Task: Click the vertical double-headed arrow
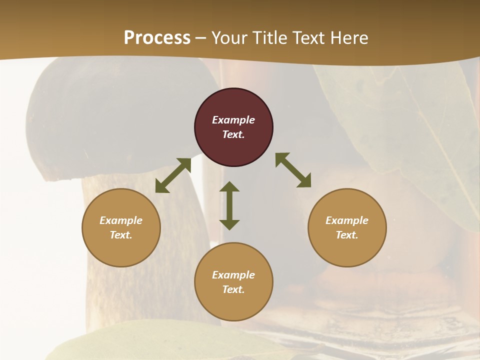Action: [229, 205]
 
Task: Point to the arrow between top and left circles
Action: [173, 175]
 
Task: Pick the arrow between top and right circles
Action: [293, 170]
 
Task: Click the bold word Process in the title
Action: [157, 37]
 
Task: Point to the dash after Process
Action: [201, 38]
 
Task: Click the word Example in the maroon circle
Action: [233, 120]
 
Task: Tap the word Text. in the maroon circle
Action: [233, 134]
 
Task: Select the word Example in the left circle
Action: [121, 220]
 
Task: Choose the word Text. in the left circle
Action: [121, 235]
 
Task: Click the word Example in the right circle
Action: [347, 220]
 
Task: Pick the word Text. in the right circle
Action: [347, 235]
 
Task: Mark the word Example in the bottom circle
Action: [233, 275]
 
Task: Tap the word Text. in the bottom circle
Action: [233, 289]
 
